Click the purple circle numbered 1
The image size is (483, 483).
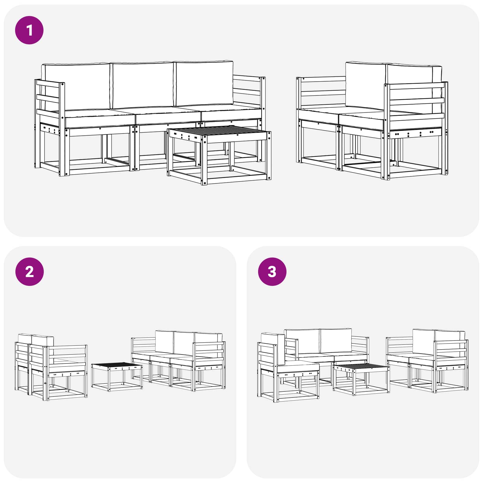click(x=29, y=30)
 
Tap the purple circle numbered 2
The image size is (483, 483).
click(x=29, y=272)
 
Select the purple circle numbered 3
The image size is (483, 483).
click(x=272, y=272)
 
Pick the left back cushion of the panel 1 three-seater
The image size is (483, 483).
click(x=75, y=87)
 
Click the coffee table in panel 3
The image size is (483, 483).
click(x=361, y=379)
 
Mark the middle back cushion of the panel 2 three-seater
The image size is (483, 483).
click(x=184, y=343)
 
